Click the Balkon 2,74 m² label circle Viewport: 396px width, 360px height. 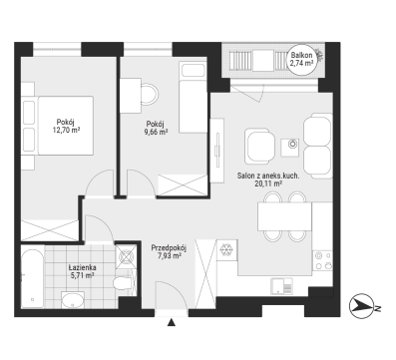click(301, 60)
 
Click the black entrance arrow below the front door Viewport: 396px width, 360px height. click(172, 322)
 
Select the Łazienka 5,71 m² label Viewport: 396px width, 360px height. click(82, 271)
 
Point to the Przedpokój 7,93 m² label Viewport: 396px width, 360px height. click(169, 251)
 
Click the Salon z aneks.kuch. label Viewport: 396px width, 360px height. click(268, 176)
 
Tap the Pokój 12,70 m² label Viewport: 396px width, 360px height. click(67, 126)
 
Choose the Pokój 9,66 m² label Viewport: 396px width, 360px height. click(156, 128)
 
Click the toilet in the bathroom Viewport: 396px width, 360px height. click(124, 282)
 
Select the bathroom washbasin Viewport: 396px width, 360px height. click(73, 299)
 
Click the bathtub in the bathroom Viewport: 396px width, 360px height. click(32, 276)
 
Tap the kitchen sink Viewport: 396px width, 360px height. click(281, 286)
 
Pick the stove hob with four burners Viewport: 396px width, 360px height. click(322, 261)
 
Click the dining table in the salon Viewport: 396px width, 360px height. click(285, 216)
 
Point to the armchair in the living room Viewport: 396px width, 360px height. click(260, 146)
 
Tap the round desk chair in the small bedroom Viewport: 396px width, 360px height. click(149, 95)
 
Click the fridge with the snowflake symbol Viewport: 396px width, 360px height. click(226, 249)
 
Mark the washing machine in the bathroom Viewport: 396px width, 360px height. click(126, 256)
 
